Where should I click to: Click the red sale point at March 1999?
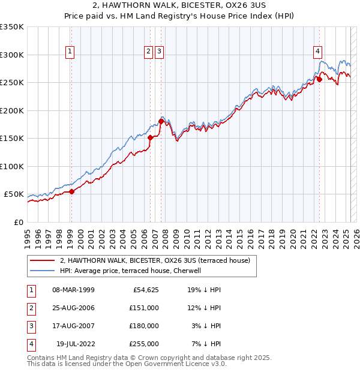pyautogui.click(x=71, y=191)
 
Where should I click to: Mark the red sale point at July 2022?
pyautogui.click(x=319, y=79)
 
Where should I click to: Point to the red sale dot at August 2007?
pyautogui.click(x=161, y=121)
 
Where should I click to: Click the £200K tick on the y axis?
pyautogui.click(x=11, y=110)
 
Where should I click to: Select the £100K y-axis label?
pyautogui.click(x=11, y=166)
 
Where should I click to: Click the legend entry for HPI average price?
pyautogui.click(x=134, y=271)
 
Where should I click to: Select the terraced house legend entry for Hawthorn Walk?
pyautogui.click(x=158, y=260)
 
